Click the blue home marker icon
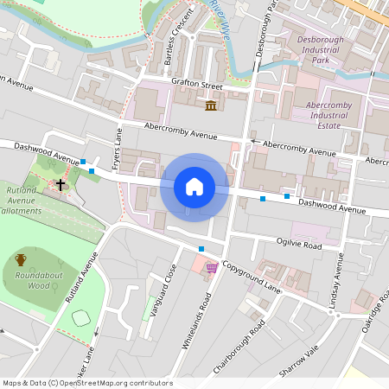(194, 187)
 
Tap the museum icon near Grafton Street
(211, 105)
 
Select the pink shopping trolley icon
(211, 269)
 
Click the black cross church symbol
(61, 184)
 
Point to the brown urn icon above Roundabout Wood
(21, 258)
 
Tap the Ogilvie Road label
(298, 245)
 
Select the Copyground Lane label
(251, 275)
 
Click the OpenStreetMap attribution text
(86, 383)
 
